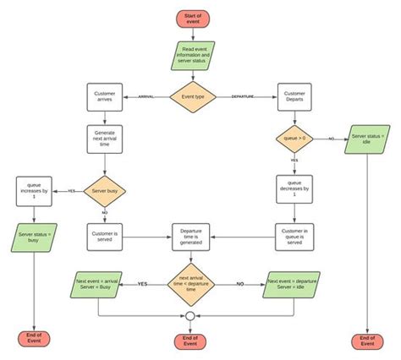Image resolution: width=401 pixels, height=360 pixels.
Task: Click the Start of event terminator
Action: pos(192,18)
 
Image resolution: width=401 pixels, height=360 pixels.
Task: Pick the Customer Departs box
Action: pos(294,97)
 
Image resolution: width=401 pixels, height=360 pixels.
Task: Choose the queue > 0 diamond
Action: pos(294,139)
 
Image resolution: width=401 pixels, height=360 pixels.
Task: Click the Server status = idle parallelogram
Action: pos(369,139)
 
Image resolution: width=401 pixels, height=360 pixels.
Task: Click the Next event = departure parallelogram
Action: pos(291,284)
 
